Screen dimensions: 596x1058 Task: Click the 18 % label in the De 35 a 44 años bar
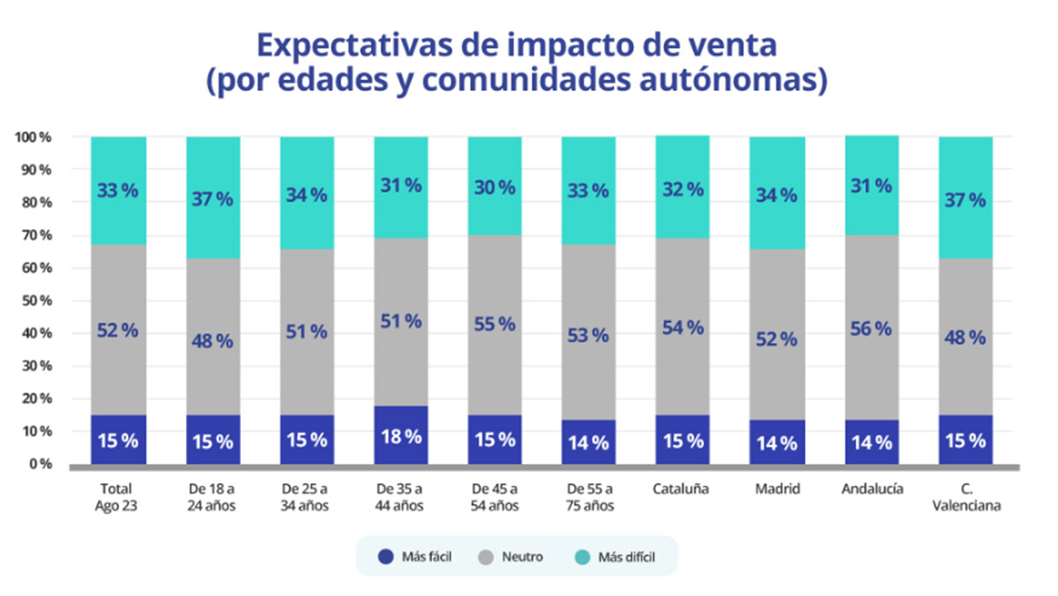pyautogui.click(x=401, y=437)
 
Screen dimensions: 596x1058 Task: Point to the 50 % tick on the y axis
pyautogui.click(x=33, y=301)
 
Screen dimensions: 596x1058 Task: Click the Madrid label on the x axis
pyautogui.click(x=777, y=489)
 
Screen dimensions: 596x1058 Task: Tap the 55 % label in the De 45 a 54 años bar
pyautogui.click(x=495, y=324)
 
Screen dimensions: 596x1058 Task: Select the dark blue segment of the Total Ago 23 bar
pyautogui.click(x=118, y=440)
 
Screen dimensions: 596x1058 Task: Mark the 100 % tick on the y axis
pyautogui.click(x=33, y=138)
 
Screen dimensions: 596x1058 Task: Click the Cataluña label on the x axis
pyautogui.click(x=682, y=489)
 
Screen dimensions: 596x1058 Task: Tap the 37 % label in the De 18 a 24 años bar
pyautogui.click(x=212, y=199)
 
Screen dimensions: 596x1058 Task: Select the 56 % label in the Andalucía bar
pyautogui.click(x=871, y=329)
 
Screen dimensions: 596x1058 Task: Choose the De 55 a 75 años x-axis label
pyautogui.click(x=588, y=497)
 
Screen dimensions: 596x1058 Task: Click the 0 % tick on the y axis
pyautogui.click(x=37, y=464)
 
